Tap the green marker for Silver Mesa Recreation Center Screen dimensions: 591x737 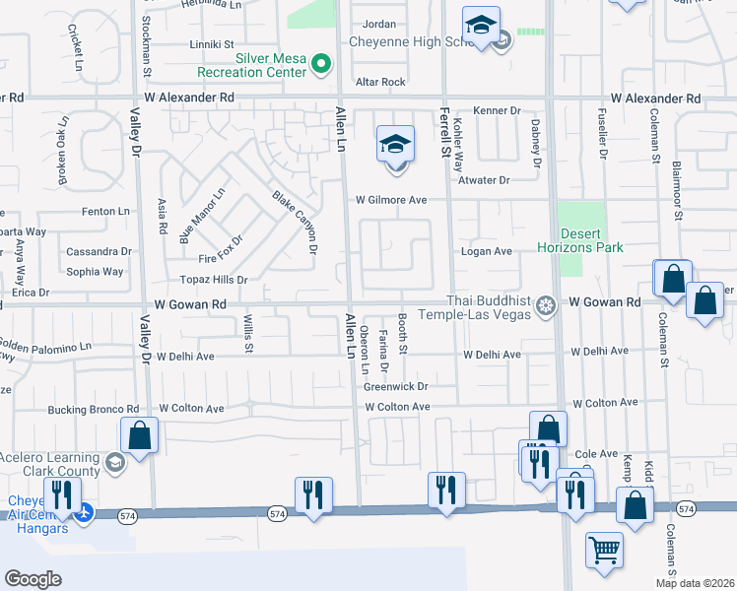pyautogui.click(x=320, y=64)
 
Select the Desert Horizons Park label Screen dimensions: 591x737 pyautogui.click(x=578, y=241)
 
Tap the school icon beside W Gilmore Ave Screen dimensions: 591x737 pyautogui.click(x=395, y=146)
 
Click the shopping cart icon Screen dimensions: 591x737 pyautogui.click(x=604, y=550)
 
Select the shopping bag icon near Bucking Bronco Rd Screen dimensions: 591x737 pyautogui.click(x=140, y=435)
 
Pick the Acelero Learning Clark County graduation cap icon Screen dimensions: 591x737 pyautogui.click(x=114, y=463)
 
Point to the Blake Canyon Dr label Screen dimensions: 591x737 pyautogui.click(x=295, y=222)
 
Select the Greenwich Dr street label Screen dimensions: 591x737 pyautogui.click(x=395, y=387)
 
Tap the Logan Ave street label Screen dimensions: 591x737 pyautogui.click(x=487, y=251)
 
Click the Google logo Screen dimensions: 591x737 pyautogui.click(x=33, y=579)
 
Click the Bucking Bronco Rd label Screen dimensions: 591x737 pyautogui.click(x=94, y=409)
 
